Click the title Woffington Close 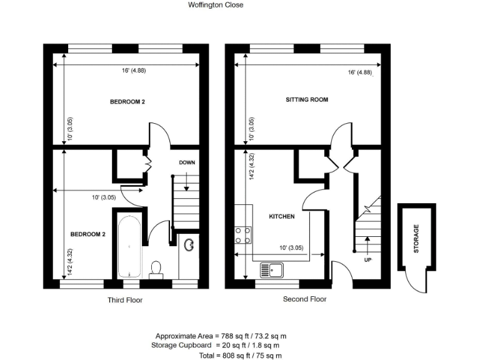point(216,5)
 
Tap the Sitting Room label point(306,99)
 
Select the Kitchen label point(281,216)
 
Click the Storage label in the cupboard point(416,239)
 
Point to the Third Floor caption point(125,300)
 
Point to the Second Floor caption point(304,299)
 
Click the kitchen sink point(272,270)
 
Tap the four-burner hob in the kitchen point(242,234)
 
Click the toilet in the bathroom point(157,268)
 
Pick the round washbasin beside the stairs point(189,245)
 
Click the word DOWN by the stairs point(187,162)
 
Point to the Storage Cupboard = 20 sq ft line point(215,345)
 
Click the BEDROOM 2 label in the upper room point(127,102)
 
